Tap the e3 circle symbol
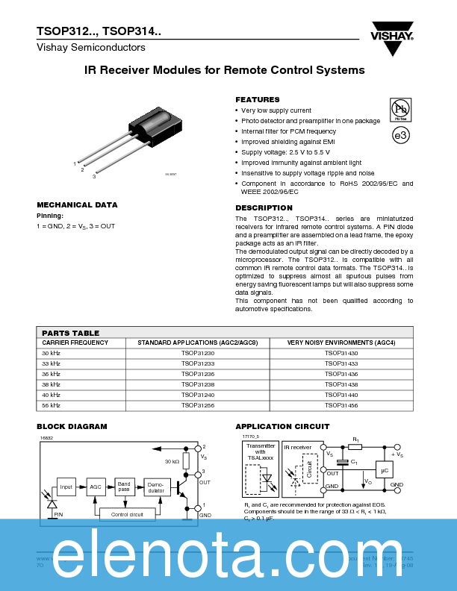pyautogui.click(x=401, y=135)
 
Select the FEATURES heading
pyautogui.click(x=258, y=99)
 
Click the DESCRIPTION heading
pyautogui.click(x=264, y=207)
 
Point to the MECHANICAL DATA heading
pyautogui.click(x=77, y=204)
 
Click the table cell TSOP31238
pyautogui.click(x=198, y=384)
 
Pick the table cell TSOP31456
pyautogui.click(x=341, y=405)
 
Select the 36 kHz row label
pyautogui.click(x=51, y=374)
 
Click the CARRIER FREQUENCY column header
pyautogui.click(x=75, y=343)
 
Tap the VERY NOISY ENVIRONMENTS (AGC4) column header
pyautogui.click(x=341, y=343)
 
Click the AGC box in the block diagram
pyautogui.click(x=96, y=487)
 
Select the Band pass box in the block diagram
pyautogui.click(x=124, y=487)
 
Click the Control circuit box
pyautogui.click(x=127, y=514)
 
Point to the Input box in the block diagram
pyautogui.click(x=66, y=487)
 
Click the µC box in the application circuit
pyautogui.click(x=384, y=470)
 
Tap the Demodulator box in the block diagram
pyautogui.click(x=156, y=487)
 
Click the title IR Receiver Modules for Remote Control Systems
pyautogui.click(x=225, y=70)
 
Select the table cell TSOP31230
pyautogui.click(x=198, y=353)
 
